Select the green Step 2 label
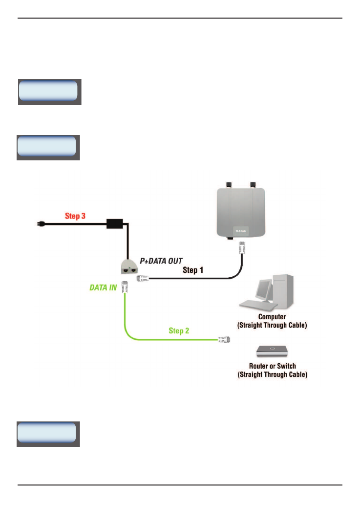179,331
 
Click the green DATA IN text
103,288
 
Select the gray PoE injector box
130,268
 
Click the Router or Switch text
272,365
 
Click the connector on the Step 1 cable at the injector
144,278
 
